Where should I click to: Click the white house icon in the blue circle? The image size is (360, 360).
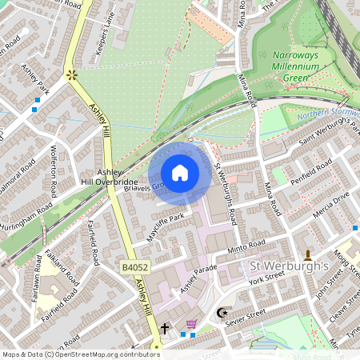click(x=180, y=173)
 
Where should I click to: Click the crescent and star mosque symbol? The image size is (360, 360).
click(x=222, y=313)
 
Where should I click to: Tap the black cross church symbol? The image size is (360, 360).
click(x=165, y=328)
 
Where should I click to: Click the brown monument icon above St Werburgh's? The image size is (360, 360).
click(x=308, y=255)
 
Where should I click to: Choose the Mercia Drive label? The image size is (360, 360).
click(x=331, y=197)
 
